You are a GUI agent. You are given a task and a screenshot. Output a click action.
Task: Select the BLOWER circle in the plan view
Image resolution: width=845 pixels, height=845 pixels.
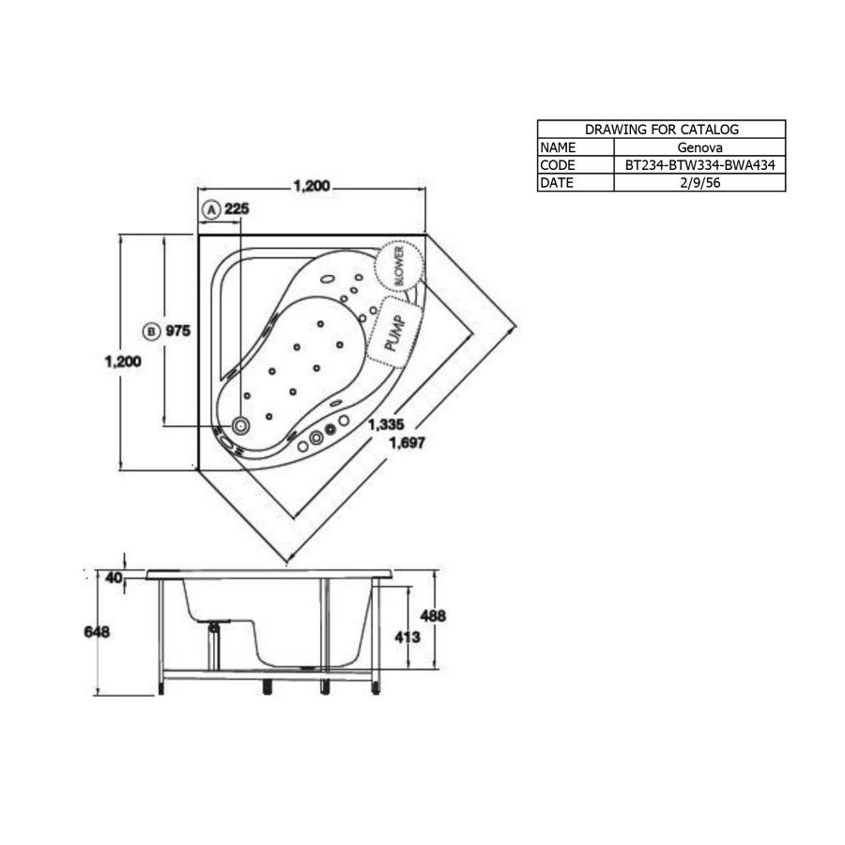(397, 267)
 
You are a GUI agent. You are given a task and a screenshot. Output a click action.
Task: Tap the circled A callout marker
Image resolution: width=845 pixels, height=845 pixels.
(211, 209)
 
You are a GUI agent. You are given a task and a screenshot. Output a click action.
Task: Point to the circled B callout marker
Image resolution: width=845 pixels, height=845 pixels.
(151, 330)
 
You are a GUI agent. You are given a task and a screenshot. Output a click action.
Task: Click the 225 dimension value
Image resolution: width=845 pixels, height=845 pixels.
(237, 209)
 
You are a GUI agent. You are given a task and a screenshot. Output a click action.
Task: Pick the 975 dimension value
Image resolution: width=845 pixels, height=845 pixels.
(178, 330)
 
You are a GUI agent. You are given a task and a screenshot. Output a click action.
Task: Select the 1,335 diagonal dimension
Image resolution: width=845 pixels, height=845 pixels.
(386, 425)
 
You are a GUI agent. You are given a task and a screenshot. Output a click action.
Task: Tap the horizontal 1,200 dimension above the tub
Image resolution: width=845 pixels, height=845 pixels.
(312, 187)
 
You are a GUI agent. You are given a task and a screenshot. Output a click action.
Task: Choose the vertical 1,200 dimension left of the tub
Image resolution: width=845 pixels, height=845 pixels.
(123, 361)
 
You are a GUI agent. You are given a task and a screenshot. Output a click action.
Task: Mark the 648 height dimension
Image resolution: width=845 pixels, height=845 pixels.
(97, 632)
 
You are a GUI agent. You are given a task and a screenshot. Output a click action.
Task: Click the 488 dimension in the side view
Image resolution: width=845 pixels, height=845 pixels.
(432, 616)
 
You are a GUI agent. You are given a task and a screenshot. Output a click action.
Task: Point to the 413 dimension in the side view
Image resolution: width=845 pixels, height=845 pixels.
(406, 636)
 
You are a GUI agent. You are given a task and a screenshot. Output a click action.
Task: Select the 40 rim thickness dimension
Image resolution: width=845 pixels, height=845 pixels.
(114, 577)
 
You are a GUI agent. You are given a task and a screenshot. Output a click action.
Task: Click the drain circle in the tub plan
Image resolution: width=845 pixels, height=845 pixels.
(241, 426)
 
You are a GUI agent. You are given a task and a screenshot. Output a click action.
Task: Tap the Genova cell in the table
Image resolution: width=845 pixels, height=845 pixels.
(699, 147)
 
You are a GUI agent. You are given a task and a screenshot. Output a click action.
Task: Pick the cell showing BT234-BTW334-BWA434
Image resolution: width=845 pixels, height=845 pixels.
(699, 165)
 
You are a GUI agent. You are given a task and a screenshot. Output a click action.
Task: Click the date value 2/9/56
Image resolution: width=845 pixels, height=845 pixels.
(699, 183)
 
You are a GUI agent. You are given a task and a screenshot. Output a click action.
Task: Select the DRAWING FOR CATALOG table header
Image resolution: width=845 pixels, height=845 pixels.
(661, 130)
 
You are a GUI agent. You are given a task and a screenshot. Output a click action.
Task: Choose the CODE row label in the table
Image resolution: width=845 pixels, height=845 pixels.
(558, 165)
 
